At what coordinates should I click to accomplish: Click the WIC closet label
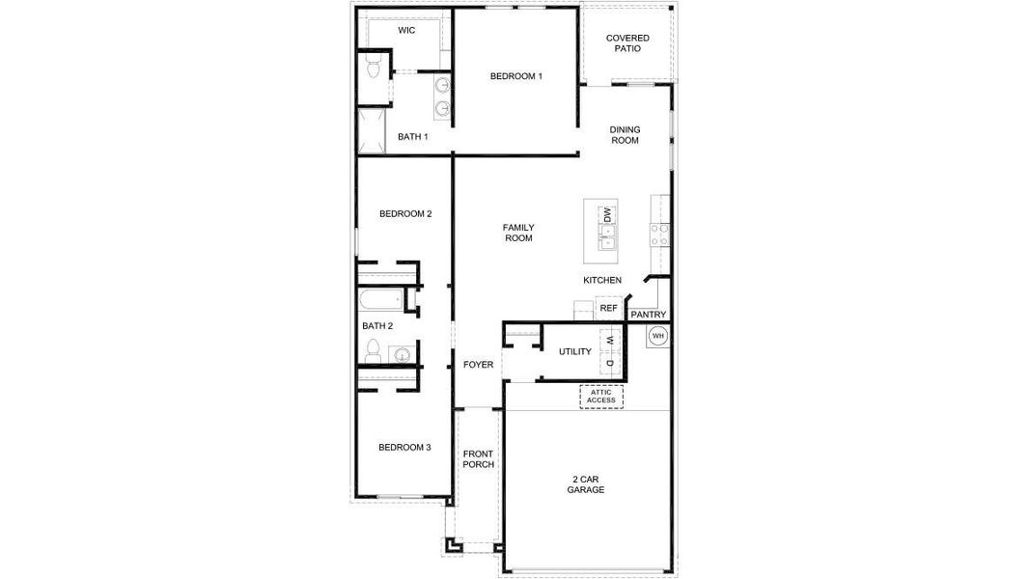coord(406,31)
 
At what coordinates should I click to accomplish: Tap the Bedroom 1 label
coord(516,76)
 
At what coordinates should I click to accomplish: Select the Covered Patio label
coord(627,43)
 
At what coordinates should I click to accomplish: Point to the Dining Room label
coord(625,135)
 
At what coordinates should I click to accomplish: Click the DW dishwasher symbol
coord(608,215)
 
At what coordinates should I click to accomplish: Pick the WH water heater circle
coord(658,336)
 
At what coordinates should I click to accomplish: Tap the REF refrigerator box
coord(608,309)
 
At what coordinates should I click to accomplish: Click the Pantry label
coord(648,315)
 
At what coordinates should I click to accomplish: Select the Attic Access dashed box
coord(600,396)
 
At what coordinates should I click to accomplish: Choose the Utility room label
coord(575,352)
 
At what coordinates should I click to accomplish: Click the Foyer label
coord(478,365)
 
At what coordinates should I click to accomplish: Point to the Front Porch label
coord(478,459)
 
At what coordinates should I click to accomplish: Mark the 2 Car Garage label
coord(586,484)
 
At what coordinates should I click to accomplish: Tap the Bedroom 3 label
coord(404,447)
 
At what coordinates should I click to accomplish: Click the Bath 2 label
coord(377,326)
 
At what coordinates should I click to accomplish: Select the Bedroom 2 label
coord(404,214)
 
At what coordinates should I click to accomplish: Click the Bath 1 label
coord(413,137)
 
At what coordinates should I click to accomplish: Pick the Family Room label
coord(518,233)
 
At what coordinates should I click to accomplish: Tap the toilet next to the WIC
coord(373,66)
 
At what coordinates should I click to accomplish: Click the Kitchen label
coord(602,280)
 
